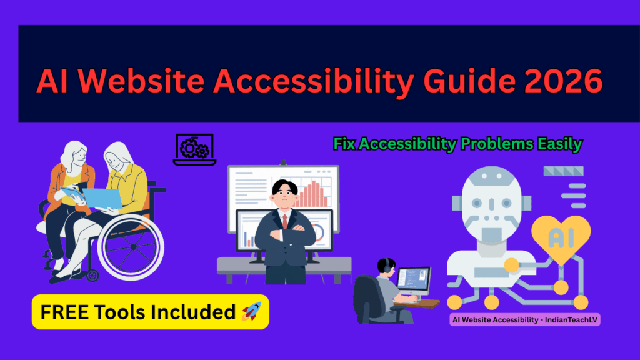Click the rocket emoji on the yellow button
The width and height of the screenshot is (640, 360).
252,311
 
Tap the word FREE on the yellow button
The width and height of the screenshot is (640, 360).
62,311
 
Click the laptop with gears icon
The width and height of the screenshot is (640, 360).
194,149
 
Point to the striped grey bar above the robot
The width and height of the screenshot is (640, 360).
564,172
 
